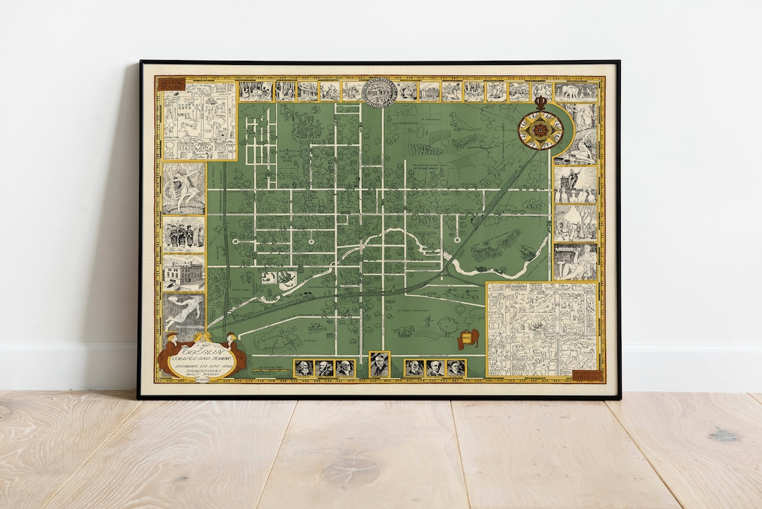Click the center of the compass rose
click(x=540, y=129)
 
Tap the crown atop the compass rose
click(x=541, y=103)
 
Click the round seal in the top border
click(x=380, y=91)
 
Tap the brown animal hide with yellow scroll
click(x=468, y=338)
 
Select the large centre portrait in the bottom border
click(x=380, y=364)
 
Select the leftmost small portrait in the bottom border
click(x=304, y=368)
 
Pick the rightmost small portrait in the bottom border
click(x=456, y=368)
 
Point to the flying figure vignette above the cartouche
click(x=184, y=311)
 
